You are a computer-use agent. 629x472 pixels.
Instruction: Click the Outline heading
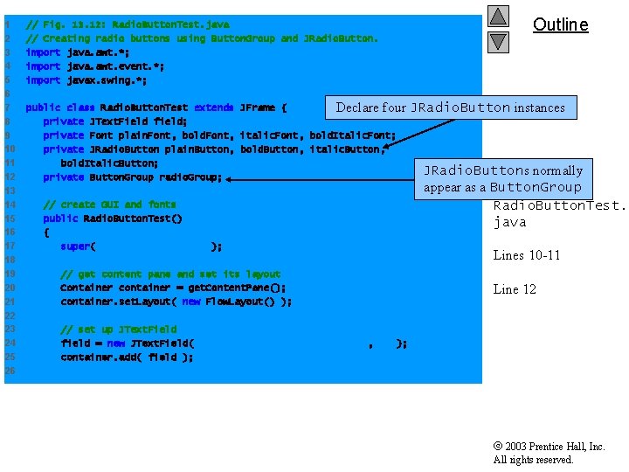click(x=560, y=24)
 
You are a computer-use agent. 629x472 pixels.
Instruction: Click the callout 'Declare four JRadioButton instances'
click(x=450, y=108)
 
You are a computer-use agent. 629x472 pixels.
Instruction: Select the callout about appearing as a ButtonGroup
click(x=502, y=178)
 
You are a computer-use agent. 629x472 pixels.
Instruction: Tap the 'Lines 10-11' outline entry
click(x=527, y=255)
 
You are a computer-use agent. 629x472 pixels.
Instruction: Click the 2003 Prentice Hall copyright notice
click(x=549, y=453)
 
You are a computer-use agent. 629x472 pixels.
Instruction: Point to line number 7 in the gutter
click(x=6, y=108)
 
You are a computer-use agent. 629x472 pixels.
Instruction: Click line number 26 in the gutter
click(x=9, y=371)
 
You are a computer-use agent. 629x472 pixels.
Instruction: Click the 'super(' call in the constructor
click(x=78, y=246)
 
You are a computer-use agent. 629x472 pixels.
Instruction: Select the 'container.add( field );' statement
click(x=127, y=357)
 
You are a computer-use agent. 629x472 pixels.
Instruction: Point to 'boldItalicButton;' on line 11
click(x=109, y=163)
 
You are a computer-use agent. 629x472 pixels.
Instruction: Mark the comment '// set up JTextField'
click(x=118, y=330)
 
